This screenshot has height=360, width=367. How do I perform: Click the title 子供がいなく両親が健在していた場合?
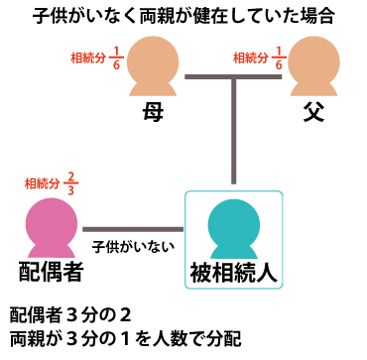click(183, 16)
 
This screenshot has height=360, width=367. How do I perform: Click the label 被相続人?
click(234, 271)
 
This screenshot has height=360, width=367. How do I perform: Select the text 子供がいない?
click(132, 244)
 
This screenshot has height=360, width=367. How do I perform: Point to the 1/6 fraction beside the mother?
click(117, 57)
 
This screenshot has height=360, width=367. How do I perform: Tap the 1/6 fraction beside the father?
click(280, 57)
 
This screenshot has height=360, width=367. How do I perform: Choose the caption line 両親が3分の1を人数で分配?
click(125, 339)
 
